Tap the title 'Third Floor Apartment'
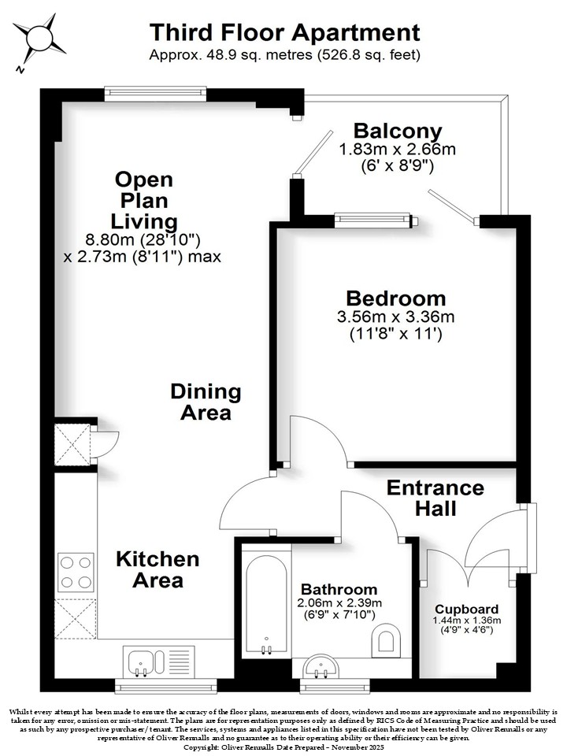(x=284, y=33)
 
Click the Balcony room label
(x=398, y=131)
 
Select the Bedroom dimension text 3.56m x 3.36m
(x=395, y=317)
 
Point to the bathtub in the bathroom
(x=265, y=601)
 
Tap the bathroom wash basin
(x=321, y=667)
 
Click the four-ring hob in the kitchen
(x=76, y=573)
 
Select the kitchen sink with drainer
(x=158, y=662)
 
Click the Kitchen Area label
(x=157, y=569)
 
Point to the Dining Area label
(x=206, y=402)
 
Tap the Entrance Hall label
(x=435, y=498)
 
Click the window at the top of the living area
(x=155, y=93)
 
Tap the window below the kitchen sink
(x=166, y=686)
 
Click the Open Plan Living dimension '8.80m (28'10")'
(x=143, y=239)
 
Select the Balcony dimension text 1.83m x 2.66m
(x=397, y=149)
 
